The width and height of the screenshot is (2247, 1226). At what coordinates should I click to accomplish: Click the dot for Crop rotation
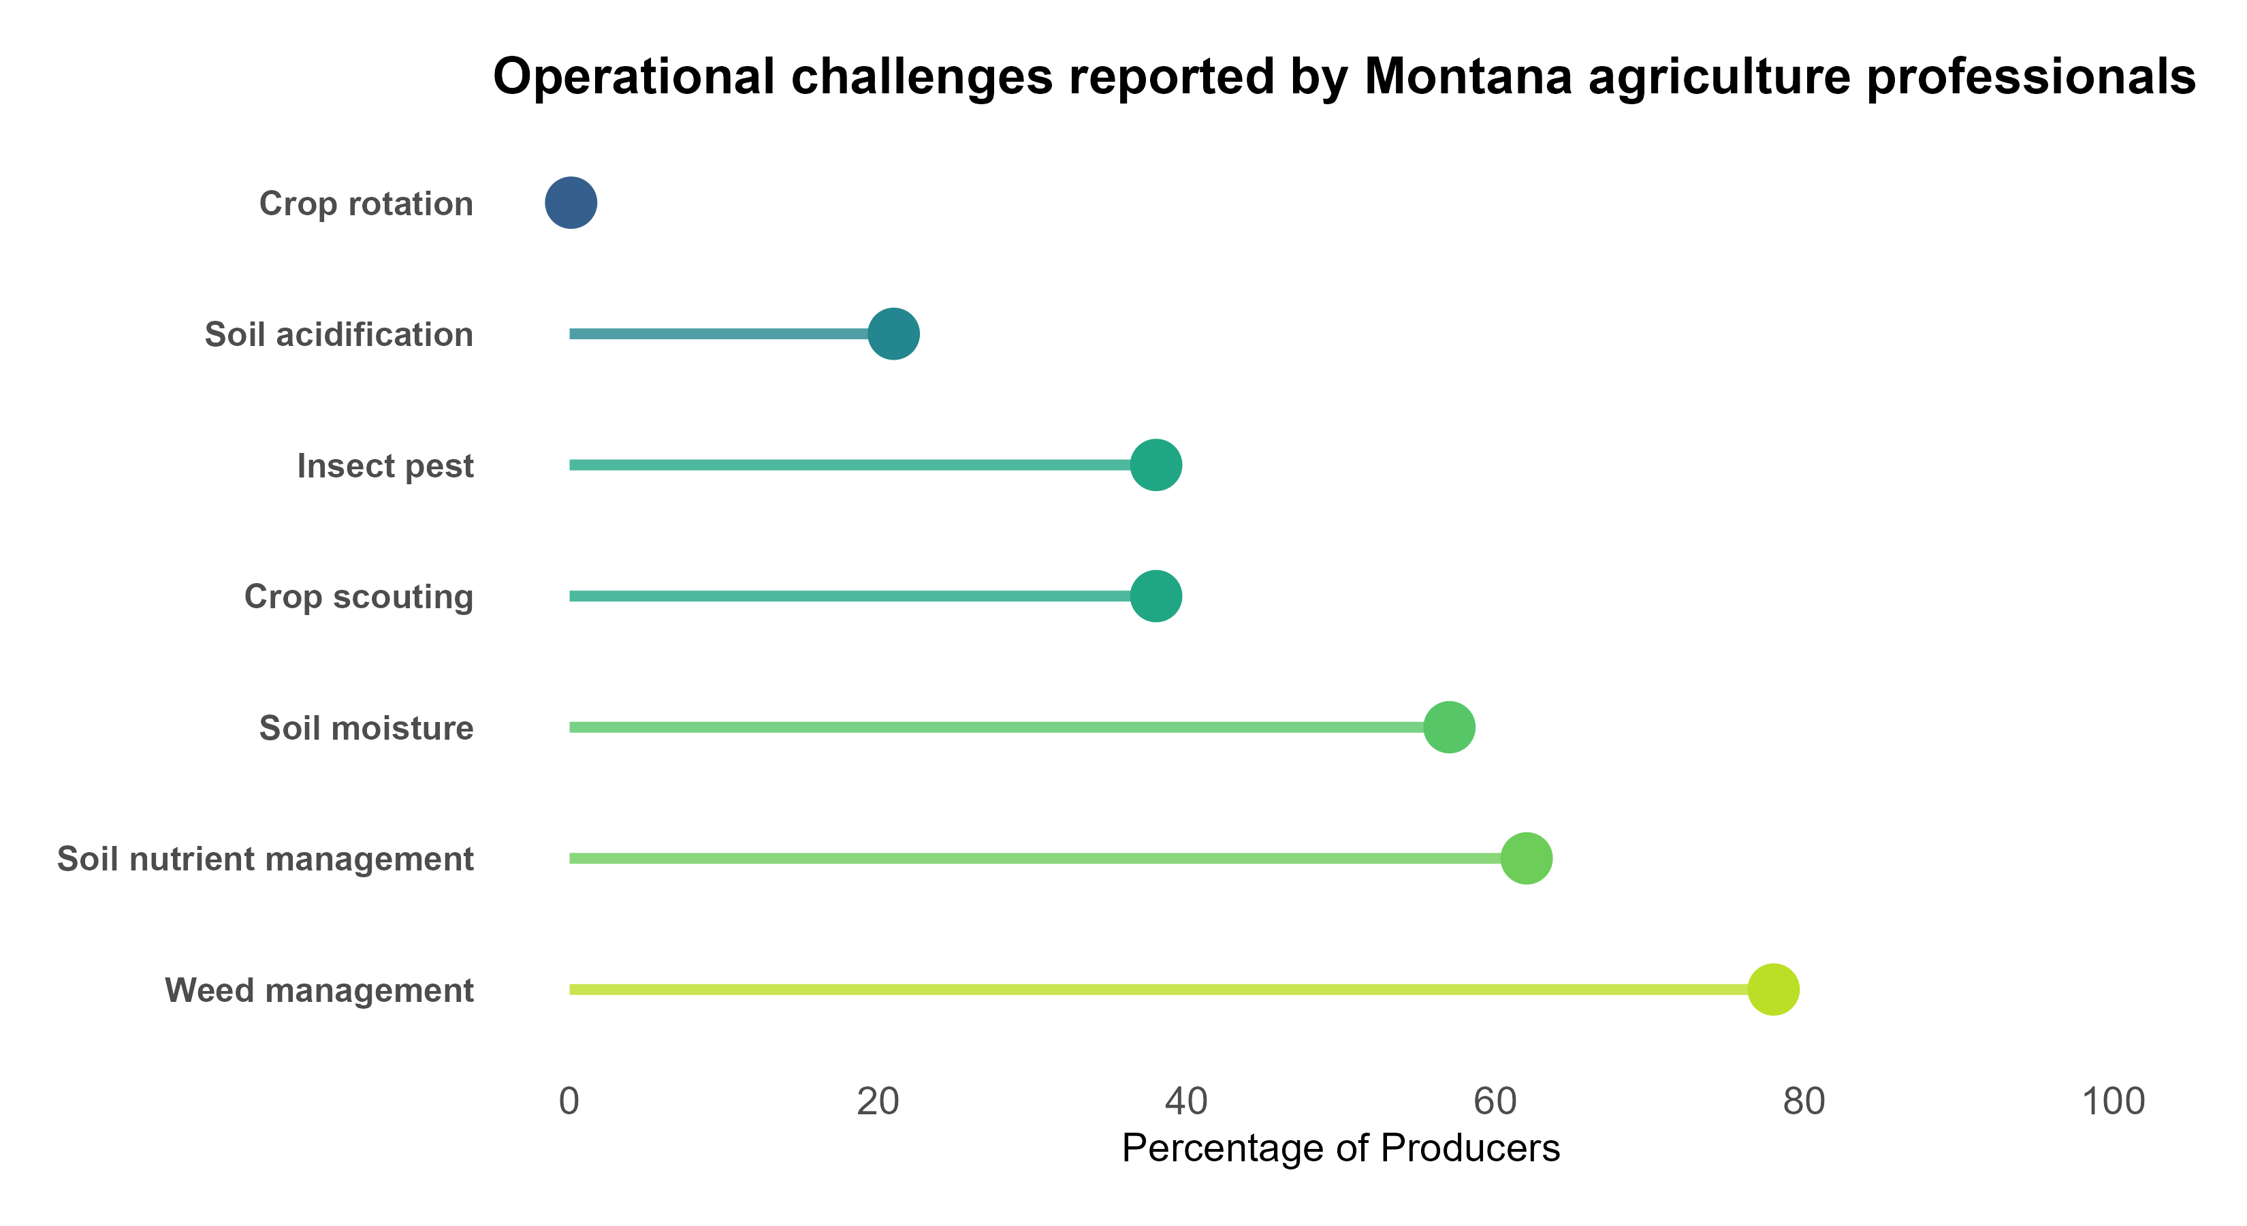[571, 202]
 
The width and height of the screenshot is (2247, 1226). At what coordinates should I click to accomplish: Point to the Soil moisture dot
[1449, 727]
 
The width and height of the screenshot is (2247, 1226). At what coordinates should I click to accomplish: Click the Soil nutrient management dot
[1527, 859]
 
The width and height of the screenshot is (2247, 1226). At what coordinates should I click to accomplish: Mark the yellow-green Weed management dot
[1773, 990]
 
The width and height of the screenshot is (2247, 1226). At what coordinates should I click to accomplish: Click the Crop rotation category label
[366, 204]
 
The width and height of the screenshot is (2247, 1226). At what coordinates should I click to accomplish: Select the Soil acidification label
[338, 335]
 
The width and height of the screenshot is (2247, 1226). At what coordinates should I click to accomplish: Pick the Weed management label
[319, 991]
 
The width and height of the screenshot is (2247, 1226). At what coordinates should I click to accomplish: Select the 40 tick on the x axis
[1186, 1102]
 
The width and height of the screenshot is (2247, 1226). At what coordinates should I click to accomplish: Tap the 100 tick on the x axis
[2114, 1102]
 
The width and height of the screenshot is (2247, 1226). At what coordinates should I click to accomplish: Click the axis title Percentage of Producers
[1341, 1148]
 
